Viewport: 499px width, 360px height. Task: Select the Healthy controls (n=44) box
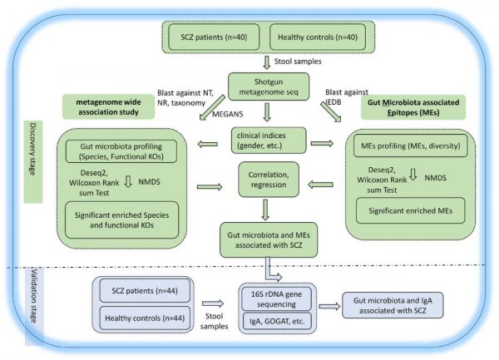(146, 319)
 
